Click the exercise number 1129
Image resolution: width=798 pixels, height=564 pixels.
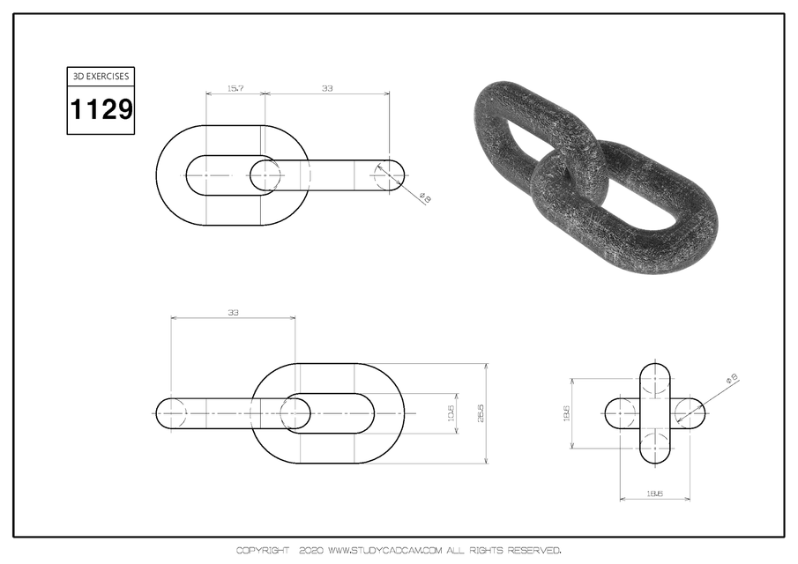tap(101, 110)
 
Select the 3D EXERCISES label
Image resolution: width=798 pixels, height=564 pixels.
tap(101, 77)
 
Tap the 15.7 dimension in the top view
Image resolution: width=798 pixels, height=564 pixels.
tap(235, 89)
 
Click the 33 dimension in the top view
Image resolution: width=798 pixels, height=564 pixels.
tap(327, 89)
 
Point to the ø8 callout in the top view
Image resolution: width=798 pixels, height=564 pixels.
tap(425, 199)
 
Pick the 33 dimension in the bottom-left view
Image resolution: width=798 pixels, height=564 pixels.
tap(234, 312)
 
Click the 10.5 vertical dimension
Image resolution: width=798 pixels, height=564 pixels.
tap(451, 412)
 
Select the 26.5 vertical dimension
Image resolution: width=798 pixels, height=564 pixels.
tap(481, 412)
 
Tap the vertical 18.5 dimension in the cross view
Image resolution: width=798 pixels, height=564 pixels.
tap(566, 412)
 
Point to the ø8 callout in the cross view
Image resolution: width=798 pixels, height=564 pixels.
tap(731, 379)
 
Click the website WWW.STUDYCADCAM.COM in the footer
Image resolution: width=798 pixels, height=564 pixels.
tap(384, 551)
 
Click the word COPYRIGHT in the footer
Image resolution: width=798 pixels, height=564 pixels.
tap(262, 551)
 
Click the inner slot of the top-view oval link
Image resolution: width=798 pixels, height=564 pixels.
tap(220, 175)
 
